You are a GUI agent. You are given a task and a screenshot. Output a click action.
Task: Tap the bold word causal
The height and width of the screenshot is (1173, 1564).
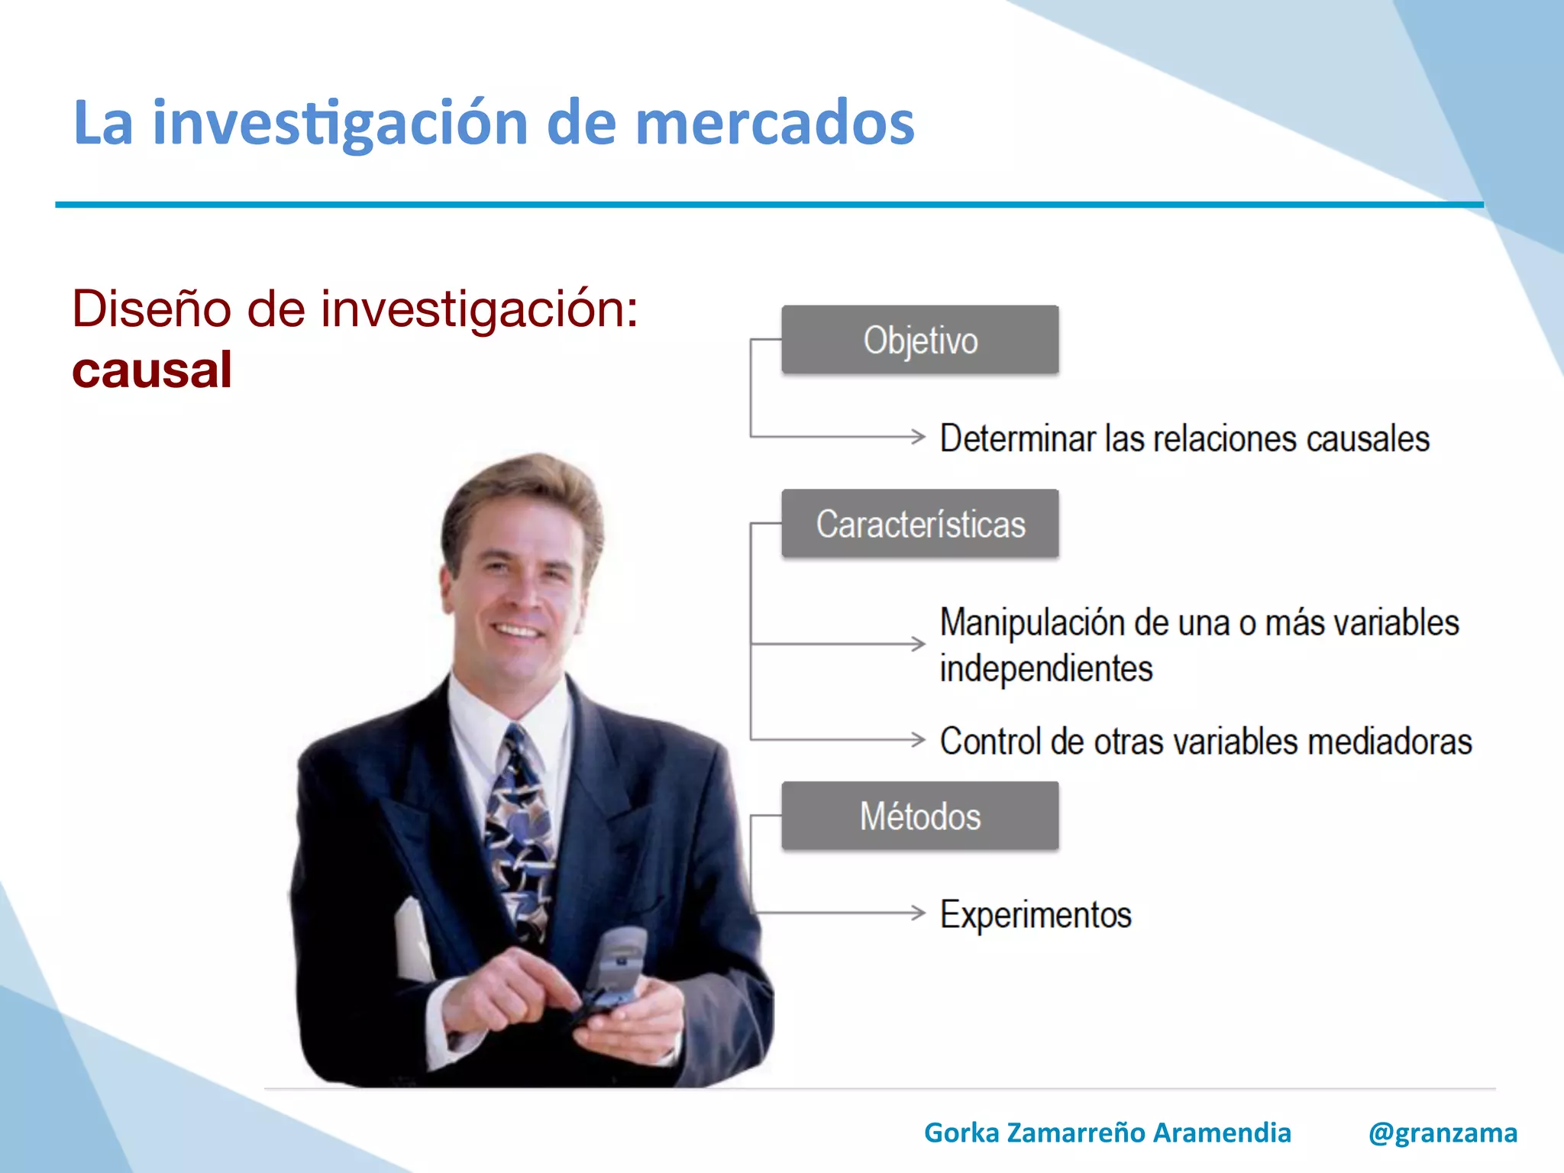click(152, 370)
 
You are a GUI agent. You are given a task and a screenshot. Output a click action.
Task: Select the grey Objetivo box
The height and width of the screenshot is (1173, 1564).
click(919, 340)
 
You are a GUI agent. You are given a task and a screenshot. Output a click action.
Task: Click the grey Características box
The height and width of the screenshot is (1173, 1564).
click(919, 524)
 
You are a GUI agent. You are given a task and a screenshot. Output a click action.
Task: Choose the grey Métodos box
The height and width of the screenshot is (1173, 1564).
click(919, 816)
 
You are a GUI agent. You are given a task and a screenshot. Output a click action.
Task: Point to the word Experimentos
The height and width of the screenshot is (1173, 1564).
click(1035, 914)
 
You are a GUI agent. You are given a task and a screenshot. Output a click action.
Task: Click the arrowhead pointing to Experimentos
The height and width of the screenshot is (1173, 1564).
click(919, 912)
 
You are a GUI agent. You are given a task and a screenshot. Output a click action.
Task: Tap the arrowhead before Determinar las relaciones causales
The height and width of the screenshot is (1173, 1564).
click(919, 437)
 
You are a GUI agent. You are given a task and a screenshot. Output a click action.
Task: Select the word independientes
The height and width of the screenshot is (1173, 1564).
click(1045, 668)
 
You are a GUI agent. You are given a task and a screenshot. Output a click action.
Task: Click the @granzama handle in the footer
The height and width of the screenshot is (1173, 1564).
click(1442, 1133)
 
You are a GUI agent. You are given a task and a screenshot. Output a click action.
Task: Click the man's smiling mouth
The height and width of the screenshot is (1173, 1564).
click(517, 631)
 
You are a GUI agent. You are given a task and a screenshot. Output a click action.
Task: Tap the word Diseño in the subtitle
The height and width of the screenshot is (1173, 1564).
click(151, 309)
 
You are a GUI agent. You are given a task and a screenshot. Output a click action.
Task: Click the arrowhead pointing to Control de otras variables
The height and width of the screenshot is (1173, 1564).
click(919, 739)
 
